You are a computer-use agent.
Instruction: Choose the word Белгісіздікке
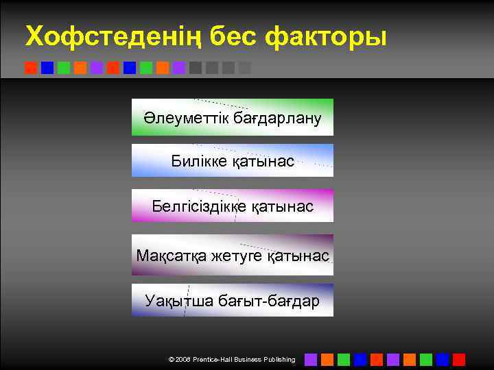click(196, 206)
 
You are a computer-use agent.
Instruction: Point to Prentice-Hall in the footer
click(215, 360)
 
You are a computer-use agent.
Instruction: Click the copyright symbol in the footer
click(171, 360)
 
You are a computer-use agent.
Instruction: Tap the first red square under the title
click(31, 68)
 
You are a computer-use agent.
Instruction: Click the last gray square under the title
click(245, 68)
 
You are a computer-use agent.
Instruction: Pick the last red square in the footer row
click(459, 359)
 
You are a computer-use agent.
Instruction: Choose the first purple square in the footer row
click(311, 359)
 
